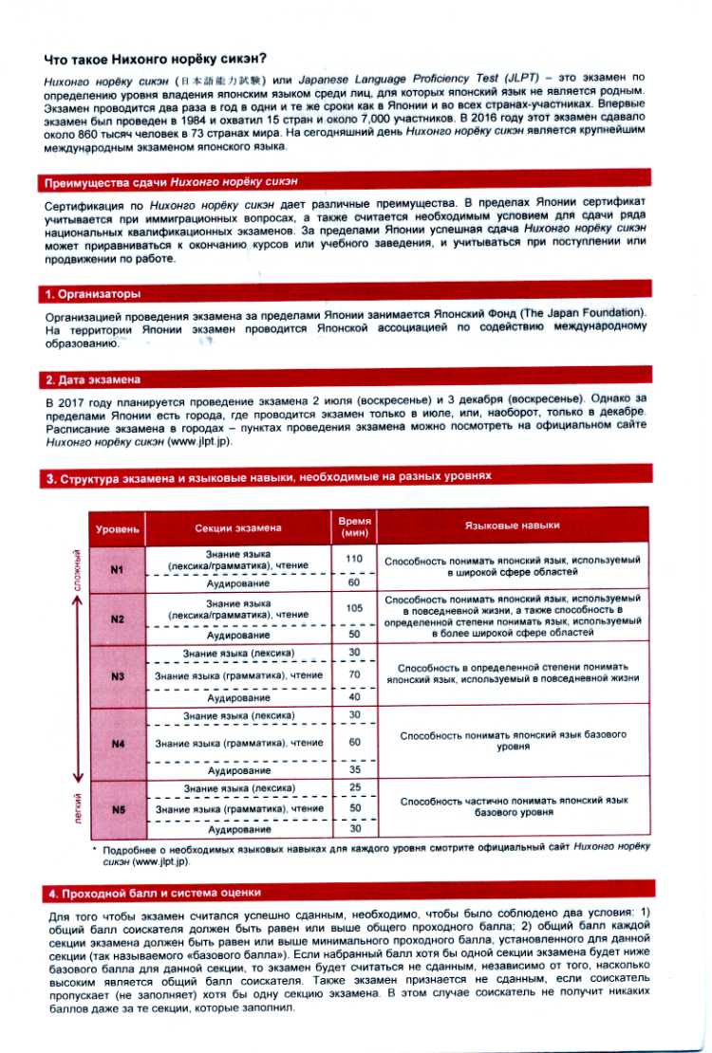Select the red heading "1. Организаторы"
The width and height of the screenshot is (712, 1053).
(x=94, y=294)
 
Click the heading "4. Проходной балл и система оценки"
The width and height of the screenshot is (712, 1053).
(x=155, y=893)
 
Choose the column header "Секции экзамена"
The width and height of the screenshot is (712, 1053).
(x=238, y=526)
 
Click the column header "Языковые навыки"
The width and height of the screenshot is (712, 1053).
(x=512, y=525)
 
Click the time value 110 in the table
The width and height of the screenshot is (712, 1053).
(x=355, y=559)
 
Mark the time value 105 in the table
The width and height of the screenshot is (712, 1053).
(x=355, y=608)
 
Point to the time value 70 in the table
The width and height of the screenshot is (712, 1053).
(x=355, y=674)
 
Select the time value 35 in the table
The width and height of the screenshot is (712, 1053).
(x=355, y=770)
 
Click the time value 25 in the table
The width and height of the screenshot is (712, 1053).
(x=355, y=788)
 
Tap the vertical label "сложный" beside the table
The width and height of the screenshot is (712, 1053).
(x=78, y=568)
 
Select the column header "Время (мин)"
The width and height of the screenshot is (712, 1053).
(x=355, y=526)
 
